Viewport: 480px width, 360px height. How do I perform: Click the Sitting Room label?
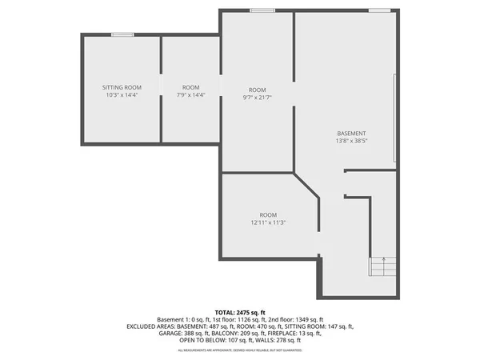click(122, 86)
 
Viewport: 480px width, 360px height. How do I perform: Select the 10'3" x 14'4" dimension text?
click(122, 95)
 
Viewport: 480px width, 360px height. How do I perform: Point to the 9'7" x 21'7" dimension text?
click(257, 98)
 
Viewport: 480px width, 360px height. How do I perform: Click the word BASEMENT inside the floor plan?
click(351, 133)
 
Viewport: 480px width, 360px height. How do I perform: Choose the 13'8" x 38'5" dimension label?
click(351, 142)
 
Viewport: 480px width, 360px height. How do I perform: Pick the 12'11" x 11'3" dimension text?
click(268, 223)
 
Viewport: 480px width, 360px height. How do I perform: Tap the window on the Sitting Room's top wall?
click(122, 34)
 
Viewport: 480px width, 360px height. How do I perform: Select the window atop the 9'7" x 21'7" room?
click(261, 10)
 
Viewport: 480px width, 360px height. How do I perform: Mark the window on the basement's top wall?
click(379, 10)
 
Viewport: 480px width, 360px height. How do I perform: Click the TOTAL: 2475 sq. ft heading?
click(239, 311)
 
